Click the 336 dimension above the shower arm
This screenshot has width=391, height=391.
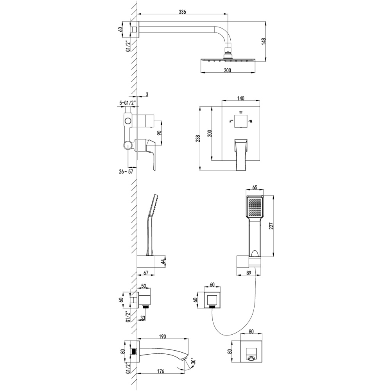(182, 12)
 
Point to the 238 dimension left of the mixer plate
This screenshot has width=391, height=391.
(199, 138)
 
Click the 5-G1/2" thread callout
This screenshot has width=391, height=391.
(127, 103)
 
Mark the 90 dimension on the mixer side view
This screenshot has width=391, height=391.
(159, 133)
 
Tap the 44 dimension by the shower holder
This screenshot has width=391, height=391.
(163, 261)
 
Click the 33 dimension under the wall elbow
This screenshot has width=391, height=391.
(143, 318)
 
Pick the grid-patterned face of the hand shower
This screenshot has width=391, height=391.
(255, 207)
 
